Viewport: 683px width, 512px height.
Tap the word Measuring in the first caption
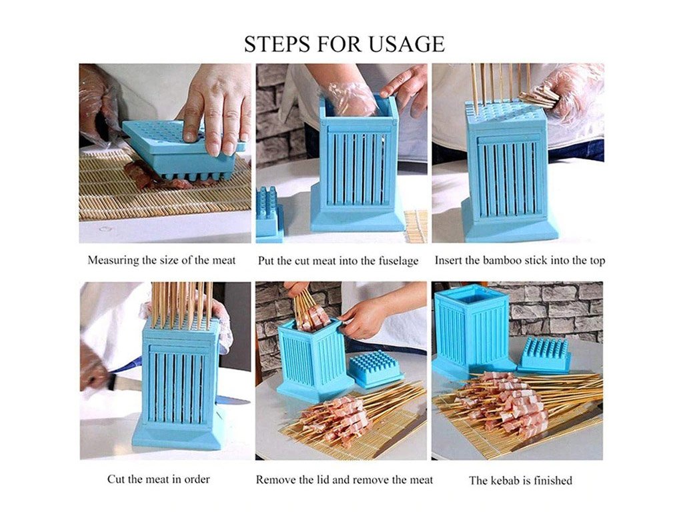112,261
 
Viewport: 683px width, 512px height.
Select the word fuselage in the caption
396,261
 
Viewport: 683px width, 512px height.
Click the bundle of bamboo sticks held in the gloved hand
539,97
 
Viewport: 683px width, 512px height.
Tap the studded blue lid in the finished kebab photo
544,355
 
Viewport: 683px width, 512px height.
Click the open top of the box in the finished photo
472,297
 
